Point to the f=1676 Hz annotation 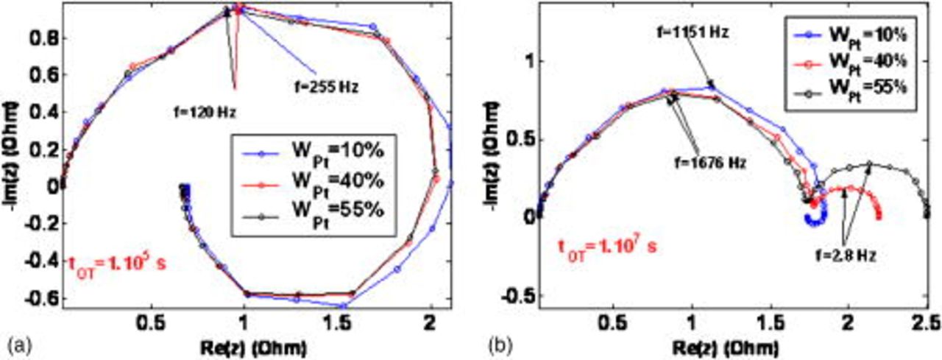click(709, 163)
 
